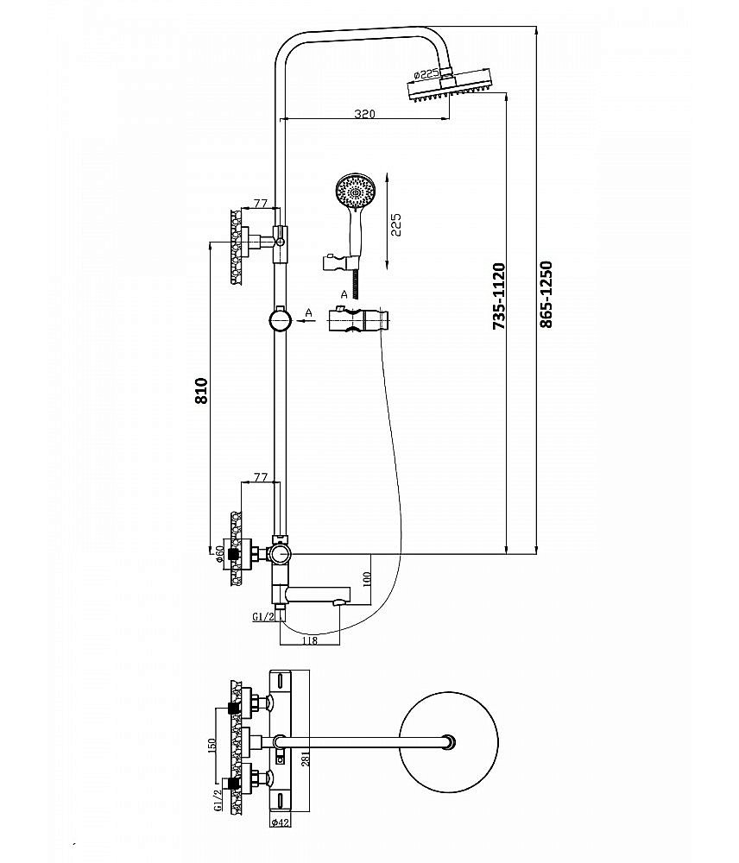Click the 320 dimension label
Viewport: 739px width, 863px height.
[x=363, y=113]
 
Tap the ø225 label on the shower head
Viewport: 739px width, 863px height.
[x=428, y=73]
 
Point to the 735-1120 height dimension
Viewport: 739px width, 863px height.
[x=499, y=296]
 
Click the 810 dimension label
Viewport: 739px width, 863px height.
[x=201, y=392]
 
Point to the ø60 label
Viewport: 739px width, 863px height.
[x=221, y=552]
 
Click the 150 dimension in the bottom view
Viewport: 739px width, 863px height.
[x=212, y=744]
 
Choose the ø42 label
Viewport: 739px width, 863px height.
[x=280, y=822]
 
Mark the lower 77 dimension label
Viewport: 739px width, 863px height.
[x=258, y=477]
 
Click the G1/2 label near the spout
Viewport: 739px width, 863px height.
[x=262, y=616]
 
